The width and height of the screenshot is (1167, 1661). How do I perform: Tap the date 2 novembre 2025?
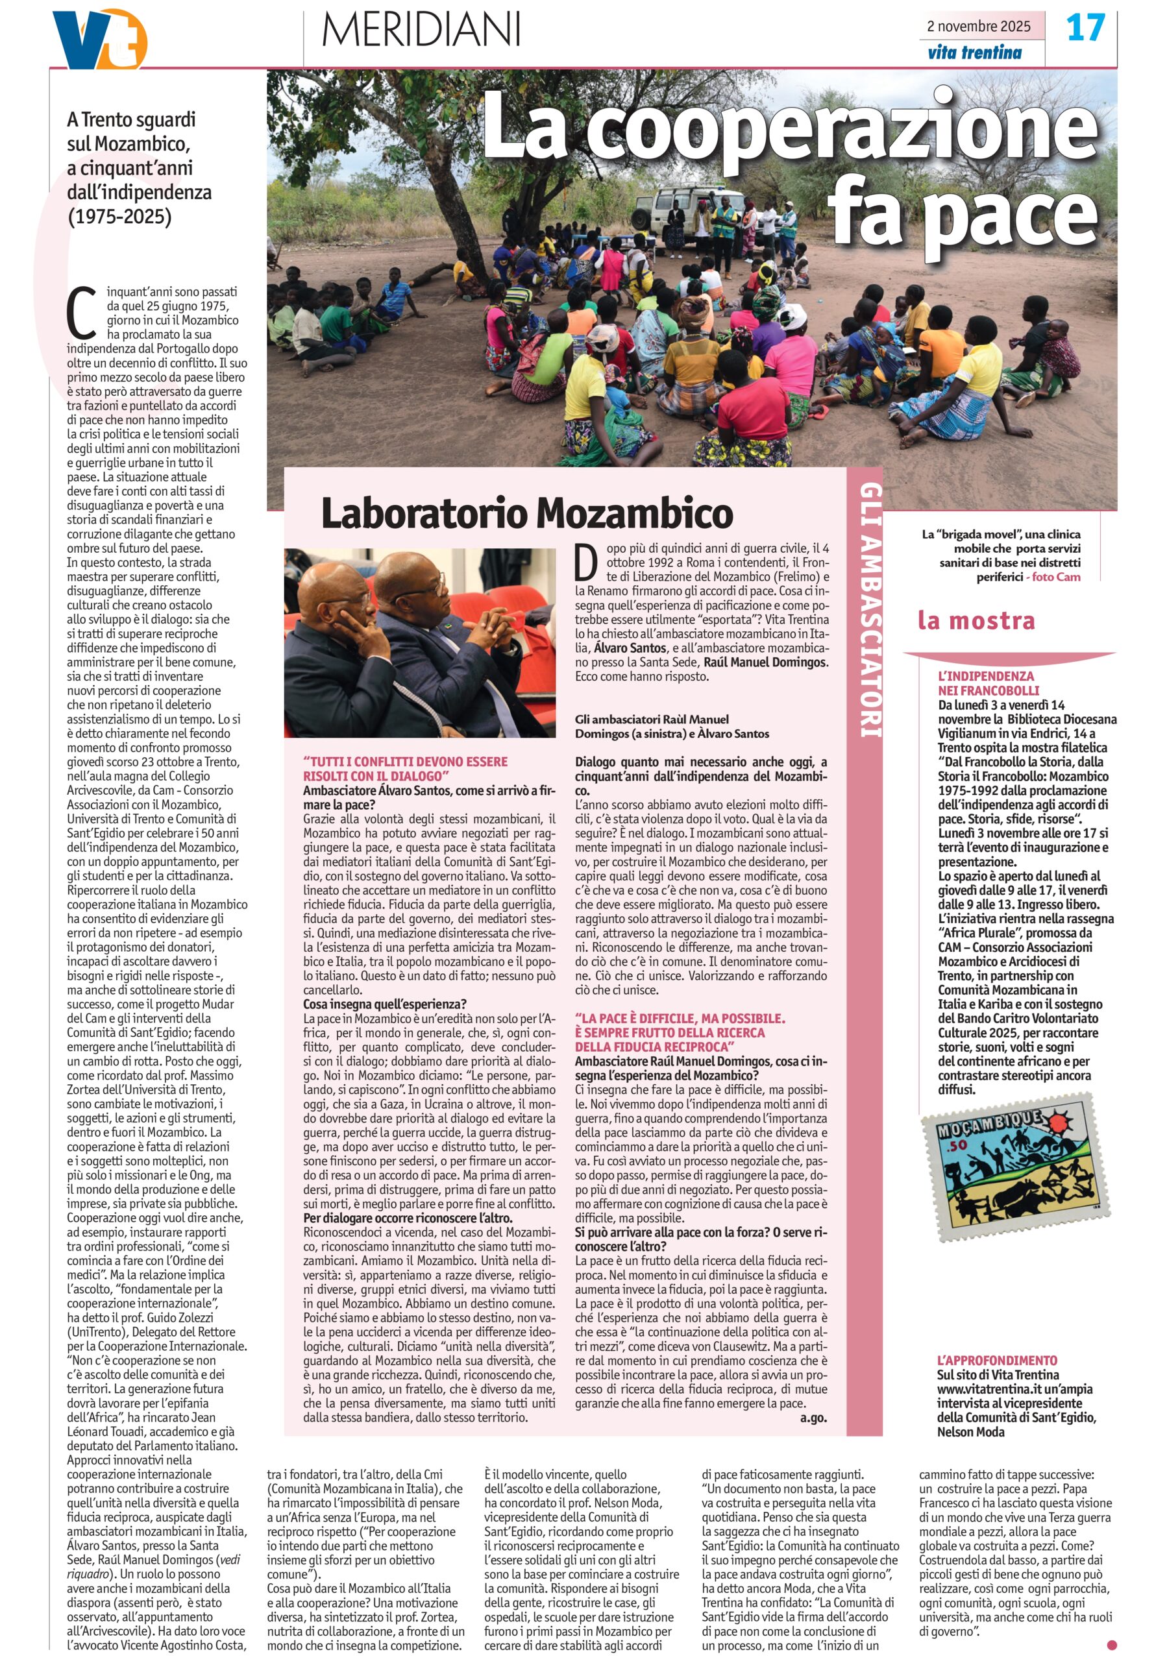978,26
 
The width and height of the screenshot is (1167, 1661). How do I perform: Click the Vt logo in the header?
100,39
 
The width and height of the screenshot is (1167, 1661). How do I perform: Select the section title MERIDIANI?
421,30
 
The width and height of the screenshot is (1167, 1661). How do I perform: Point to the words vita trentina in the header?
974,52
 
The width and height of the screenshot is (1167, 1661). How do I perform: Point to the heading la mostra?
976,620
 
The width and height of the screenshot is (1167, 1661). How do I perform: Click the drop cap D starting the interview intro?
586,561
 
